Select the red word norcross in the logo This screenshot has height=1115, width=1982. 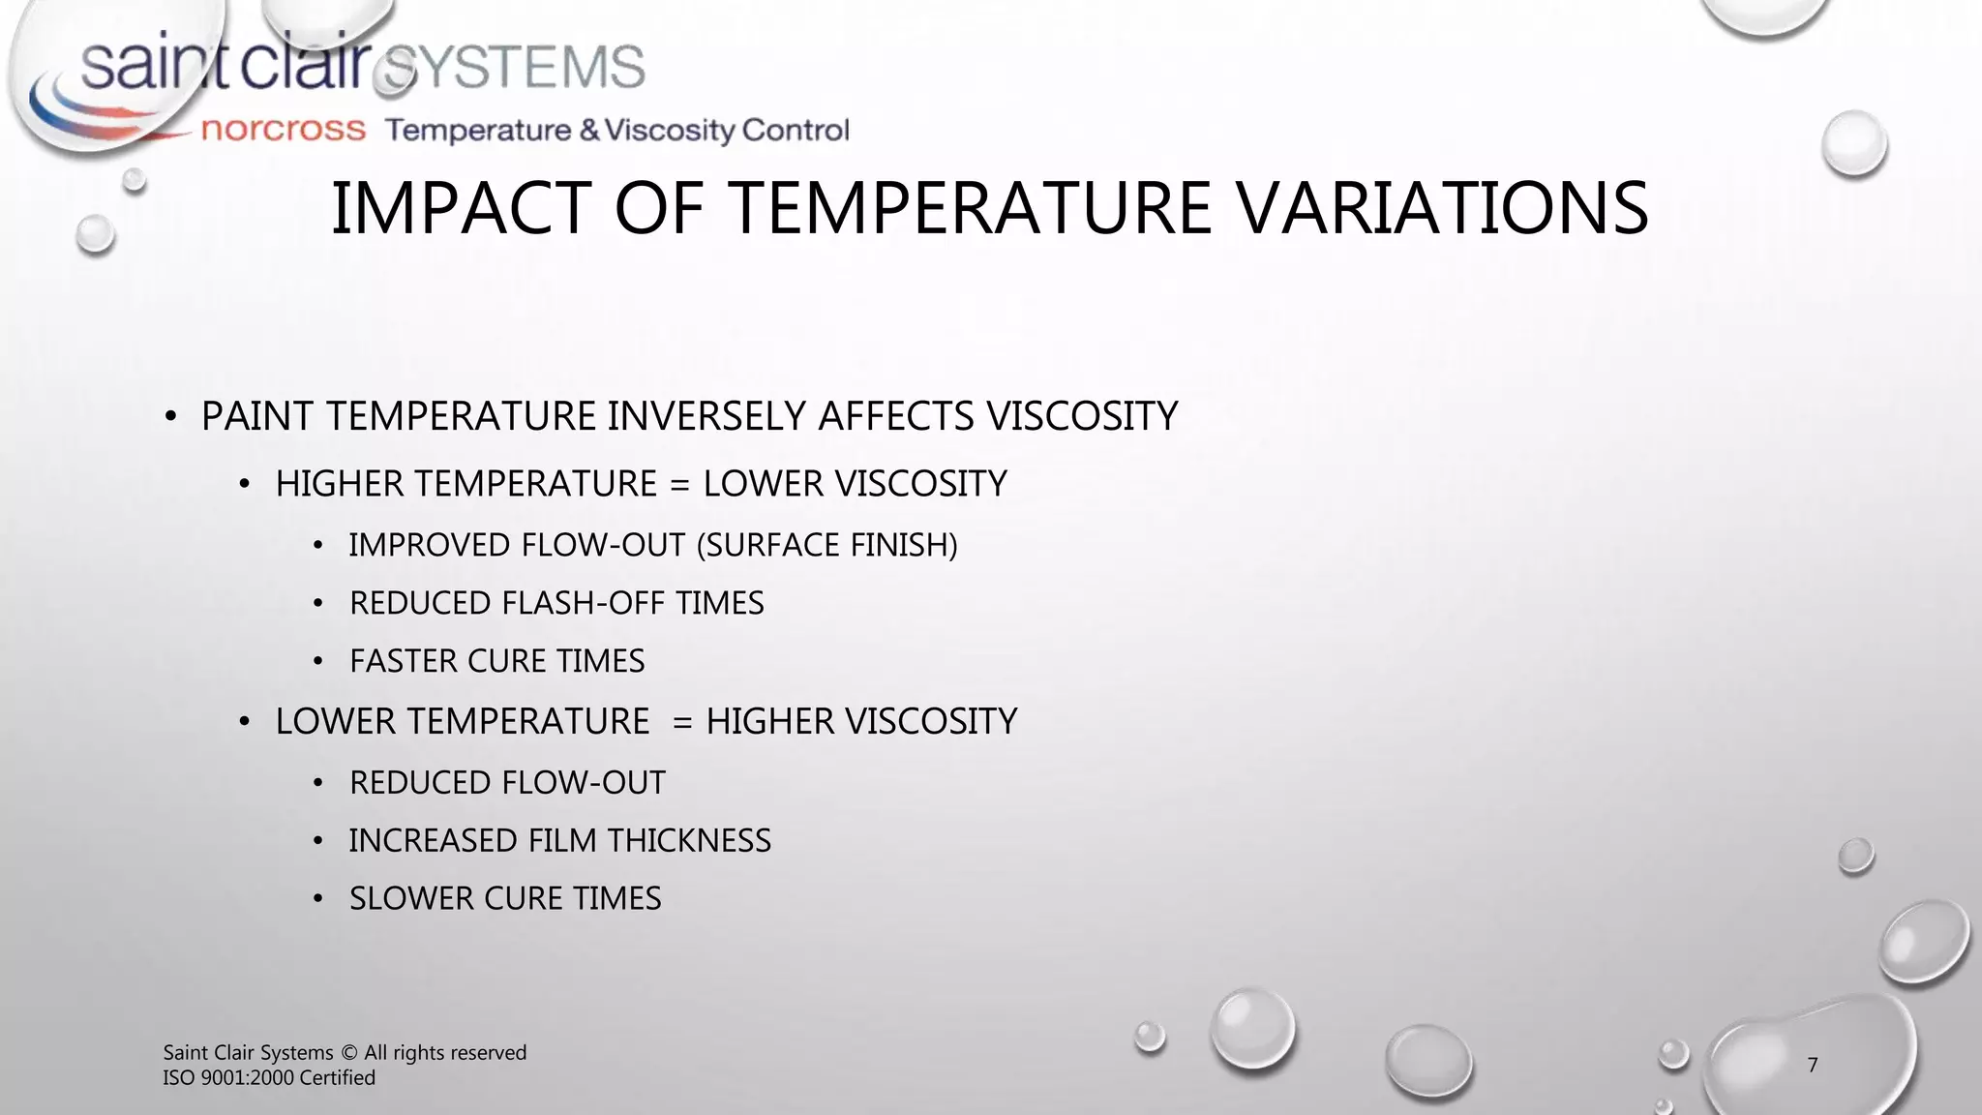(283, 130)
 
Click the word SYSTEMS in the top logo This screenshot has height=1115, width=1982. (514, 68)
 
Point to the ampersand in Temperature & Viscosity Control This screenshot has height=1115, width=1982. (589, 130)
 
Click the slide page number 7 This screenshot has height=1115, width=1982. (1813, 1065)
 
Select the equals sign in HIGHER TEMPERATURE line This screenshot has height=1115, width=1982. (679, 484)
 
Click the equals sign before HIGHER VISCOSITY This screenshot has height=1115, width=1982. (682, 722)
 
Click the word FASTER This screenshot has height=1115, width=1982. (404, 661)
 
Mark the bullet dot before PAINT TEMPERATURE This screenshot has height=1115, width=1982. (170, 417)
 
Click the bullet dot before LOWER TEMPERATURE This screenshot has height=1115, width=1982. (245, 722)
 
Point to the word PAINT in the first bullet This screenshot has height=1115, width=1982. (257, 416)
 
